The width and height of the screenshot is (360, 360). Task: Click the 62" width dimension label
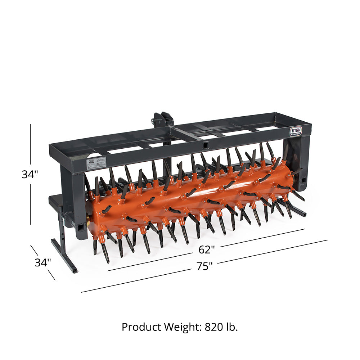point(207,249)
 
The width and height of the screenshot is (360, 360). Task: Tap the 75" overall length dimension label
point(204,266)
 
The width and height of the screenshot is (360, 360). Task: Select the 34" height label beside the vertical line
point(30,175)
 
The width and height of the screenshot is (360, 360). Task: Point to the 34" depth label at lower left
point(42,262)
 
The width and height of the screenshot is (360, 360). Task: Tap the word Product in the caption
point(141,327)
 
